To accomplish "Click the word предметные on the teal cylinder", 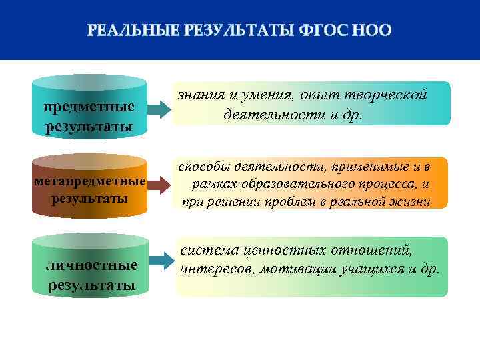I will (x=89, y=107).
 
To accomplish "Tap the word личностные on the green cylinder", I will (x=91, y=265).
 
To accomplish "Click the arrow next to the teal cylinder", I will (x=160, y=109).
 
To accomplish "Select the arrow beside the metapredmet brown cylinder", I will (x=160, y=183).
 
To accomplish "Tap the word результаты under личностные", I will (x=91, y=285).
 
